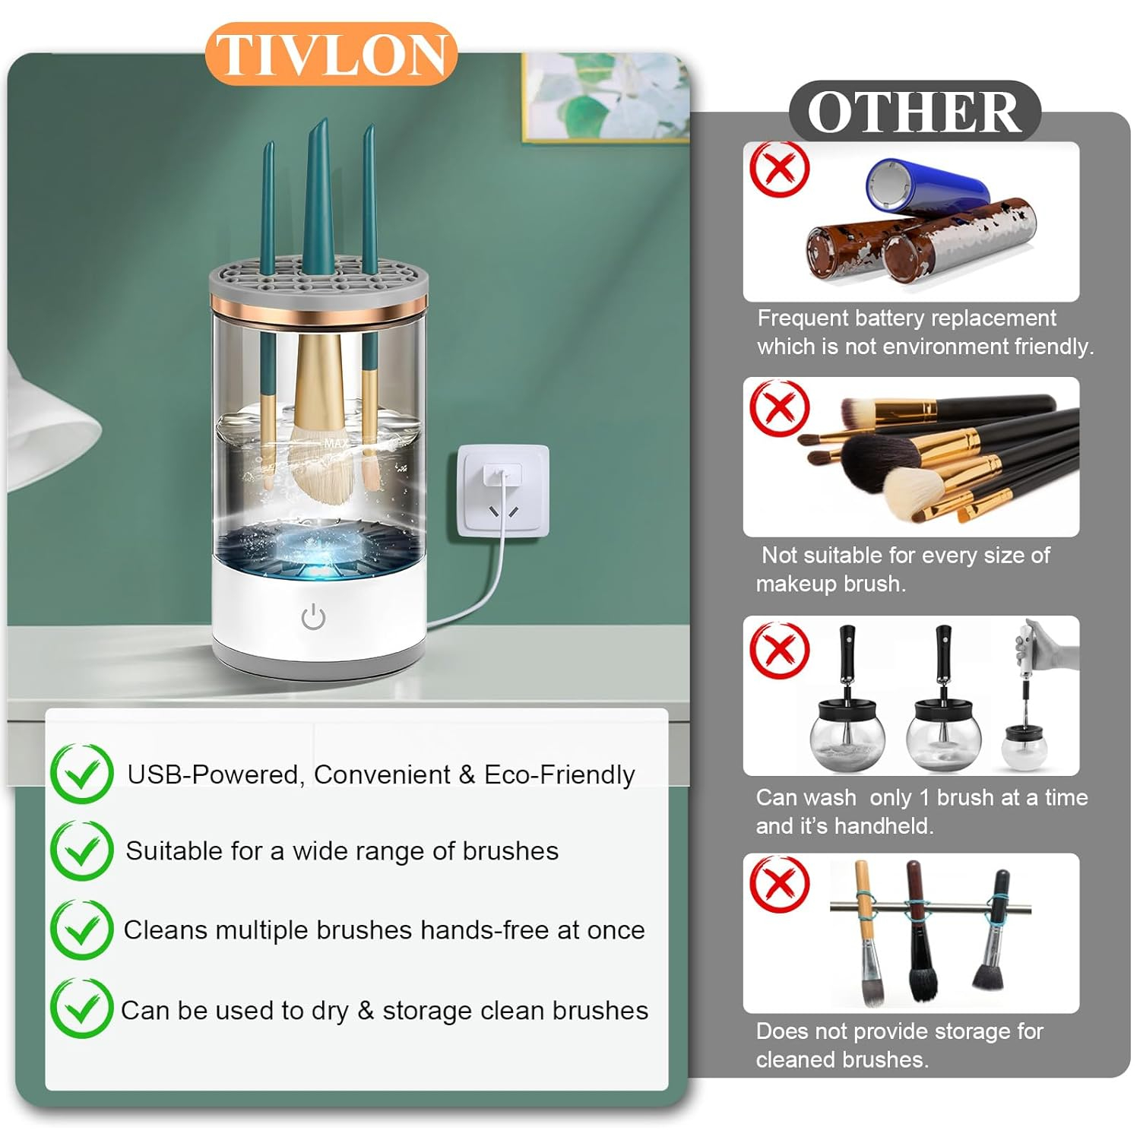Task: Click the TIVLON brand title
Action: tap(331, 54)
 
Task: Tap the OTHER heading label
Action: tap(914, 112)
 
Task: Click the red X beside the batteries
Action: tap(779, 169)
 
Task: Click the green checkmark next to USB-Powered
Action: tap(82, 773)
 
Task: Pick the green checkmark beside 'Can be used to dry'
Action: tap(82, 1009)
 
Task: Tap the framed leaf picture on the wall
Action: tap(606, 97)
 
